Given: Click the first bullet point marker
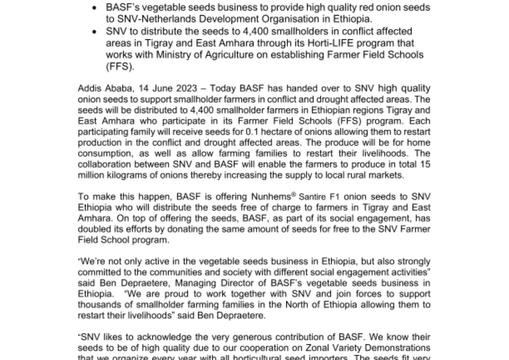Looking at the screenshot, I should pyautogui.click(x=95, y=8).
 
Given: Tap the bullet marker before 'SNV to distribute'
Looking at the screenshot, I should pyautogui.click(x=95, y=32).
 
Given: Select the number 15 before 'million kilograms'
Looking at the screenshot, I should pyautogui.click(x=424, y=164).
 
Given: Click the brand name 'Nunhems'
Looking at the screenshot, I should pyautogui.click(x=270, y=197).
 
